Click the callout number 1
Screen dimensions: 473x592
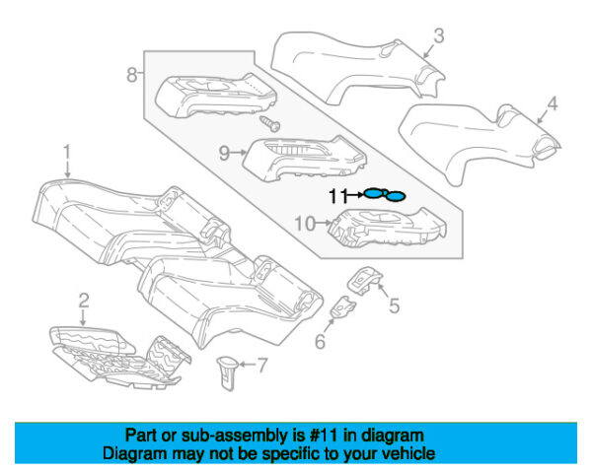point(67,154)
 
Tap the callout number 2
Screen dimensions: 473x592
point(84,300)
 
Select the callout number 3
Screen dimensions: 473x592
point(438,37)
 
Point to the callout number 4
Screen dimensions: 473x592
point(554,102)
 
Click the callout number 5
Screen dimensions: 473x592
point(394,305)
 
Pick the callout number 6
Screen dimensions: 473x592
point(320,342)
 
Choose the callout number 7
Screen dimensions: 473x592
point(261,367)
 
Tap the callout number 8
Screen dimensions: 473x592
point(132,74)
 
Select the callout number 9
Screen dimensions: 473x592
point(224,153)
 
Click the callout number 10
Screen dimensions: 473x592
point(306,224)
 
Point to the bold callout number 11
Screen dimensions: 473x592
point(338,195)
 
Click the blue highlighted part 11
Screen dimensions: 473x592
point(383,195)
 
